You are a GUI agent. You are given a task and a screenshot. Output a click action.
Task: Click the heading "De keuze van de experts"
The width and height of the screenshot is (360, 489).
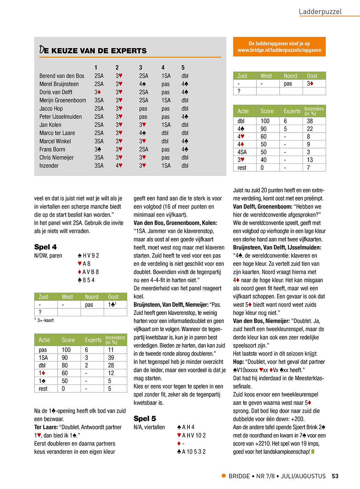(93, 50)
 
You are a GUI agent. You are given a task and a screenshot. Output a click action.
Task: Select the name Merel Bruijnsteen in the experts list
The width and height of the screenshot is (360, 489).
(59, 84)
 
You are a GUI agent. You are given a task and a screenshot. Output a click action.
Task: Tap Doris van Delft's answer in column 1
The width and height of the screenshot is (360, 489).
(98, 92)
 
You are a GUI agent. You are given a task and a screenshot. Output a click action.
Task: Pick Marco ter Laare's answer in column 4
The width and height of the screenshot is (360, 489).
(165, 133)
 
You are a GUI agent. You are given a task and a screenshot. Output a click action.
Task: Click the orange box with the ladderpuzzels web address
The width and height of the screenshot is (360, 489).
(279, 47)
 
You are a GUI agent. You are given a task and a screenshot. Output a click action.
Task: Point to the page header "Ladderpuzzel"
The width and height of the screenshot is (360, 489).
(320, 11)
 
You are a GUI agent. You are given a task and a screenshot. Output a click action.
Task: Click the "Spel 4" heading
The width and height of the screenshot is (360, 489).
(45, 247)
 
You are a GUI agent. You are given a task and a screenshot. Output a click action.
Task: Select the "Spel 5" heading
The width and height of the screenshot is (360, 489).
(145, 419)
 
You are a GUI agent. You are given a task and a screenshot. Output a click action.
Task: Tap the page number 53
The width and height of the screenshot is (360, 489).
(335, 476)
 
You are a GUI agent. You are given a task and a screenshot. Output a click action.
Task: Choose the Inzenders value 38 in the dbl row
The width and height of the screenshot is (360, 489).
(310, 121)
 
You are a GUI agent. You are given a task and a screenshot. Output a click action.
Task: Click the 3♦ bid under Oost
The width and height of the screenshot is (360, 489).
(310, 84)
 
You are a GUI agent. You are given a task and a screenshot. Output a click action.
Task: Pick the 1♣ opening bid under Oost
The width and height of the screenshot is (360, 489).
(112, 305)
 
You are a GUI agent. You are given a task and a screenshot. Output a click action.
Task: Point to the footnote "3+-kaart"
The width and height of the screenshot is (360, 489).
(45, 320)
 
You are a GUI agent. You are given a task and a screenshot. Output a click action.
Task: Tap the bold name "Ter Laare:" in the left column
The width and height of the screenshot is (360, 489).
(46, 427)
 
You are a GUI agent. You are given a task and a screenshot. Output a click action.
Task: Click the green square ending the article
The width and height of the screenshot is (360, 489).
(313, 452)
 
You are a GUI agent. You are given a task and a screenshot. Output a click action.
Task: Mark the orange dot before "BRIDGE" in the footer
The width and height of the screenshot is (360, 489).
(224, 476)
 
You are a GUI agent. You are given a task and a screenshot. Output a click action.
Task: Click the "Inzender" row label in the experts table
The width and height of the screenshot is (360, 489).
(49, 166)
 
